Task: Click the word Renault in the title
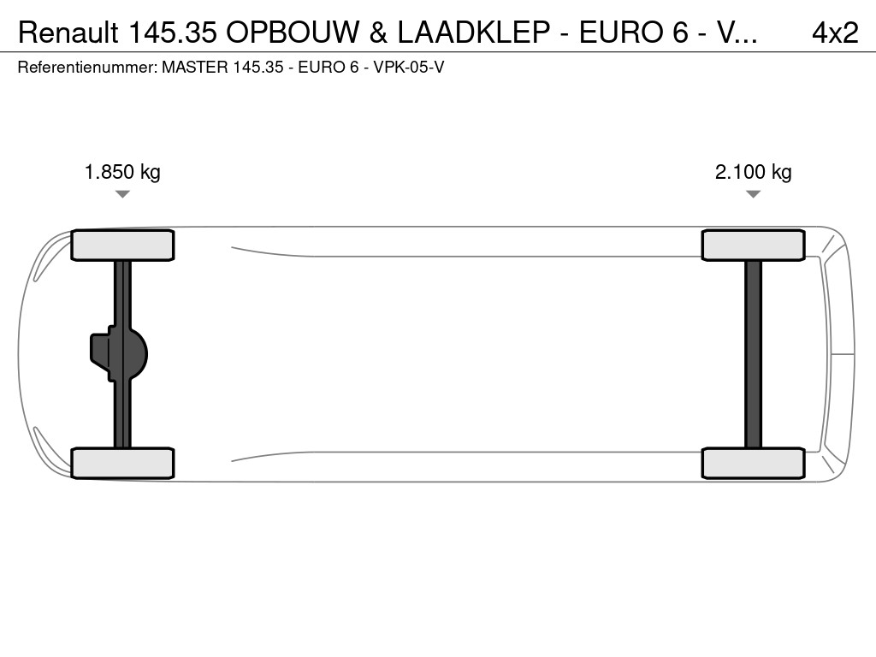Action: click(x=68, y=33)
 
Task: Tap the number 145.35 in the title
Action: click(x=173, y=33)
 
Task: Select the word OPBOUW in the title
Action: click(x=293, y=33)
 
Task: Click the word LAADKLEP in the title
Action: click(x=474, y=33)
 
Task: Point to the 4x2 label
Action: click(x=835, y=33)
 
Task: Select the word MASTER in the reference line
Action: click(x=195, y=68)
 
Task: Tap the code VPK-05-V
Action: click(x=408, y=68)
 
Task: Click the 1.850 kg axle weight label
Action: click(x=122, y=171)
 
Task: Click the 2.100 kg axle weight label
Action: click(x=753, y=171)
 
